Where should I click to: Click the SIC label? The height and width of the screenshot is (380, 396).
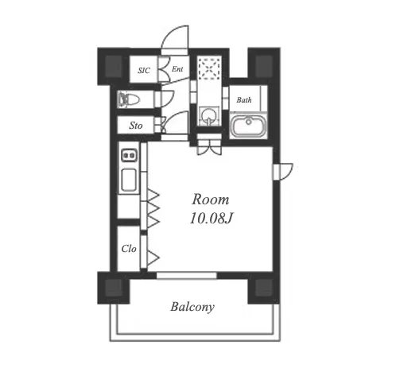click(144, 70)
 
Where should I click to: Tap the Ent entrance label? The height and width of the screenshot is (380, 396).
click(177, 69)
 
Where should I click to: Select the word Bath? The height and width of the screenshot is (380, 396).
click(244, 100)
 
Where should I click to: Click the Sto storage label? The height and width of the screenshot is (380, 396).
click(136, 126)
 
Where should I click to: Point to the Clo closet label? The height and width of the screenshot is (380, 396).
click(129, 249)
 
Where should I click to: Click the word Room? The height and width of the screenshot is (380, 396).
click(211, 200)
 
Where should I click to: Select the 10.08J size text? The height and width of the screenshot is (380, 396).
click(212, 219)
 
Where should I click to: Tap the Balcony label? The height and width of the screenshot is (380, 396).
click(192, 307)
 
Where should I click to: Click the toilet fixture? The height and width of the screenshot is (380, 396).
click(129, 99)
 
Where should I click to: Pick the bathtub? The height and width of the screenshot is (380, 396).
click(249, 126)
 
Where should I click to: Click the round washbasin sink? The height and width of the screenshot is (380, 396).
click(208, 116)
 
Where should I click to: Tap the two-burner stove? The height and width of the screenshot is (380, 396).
click(129, 155)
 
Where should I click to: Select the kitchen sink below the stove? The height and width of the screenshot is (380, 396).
click(129, 180)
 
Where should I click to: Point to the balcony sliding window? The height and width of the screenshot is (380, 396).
click(187, 275)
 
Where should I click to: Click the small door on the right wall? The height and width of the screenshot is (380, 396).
click(283, 172)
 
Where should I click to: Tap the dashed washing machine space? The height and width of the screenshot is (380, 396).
click(209, 68)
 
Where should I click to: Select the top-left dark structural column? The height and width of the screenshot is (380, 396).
click(113, 66)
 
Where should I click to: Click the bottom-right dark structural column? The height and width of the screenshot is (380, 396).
click(264, 288)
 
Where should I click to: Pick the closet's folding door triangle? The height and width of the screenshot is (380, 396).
click(153, 257)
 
